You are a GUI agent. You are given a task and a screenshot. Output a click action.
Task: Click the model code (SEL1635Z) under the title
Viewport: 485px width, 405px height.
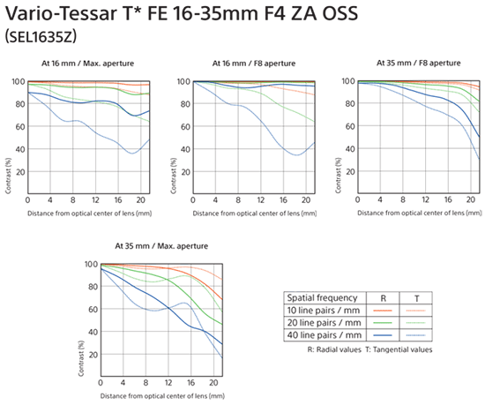[x=41, y=37]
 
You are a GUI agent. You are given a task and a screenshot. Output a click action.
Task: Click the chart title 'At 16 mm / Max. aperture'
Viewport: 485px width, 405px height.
[x=88, y=64]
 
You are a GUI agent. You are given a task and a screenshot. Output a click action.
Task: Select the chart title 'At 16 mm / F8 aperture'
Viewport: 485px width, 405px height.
[x=254, y=64]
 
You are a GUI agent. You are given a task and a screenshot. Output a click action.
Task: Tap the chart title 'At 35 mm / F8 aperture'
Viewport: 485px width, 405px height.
[x=419, y=64]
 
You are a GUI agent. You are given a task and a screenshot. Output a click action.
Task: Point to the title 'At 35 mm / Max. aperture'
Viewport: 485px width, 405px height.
[x=161, y=246]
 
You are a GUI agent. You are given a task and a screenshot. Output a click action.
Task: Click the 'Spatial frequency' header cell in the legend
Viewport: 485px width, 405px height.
[x=322, y=297]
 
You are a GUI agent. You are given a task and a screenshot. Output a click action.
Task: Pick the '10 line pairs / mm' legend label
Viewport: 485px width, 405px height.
[x=324, y=310]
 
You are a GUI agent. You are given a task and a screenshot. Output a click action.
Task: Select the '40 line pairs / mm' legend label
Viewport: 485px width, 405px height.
[x=325, y=334]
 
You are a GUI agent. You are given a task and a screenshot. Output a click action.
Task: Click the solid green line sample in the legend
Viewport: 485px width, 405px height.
[x=383, y=323]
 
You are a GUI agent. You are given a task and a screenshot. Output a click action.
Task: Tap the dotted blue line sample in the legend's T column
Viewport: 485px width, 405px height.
[x=415, y=335]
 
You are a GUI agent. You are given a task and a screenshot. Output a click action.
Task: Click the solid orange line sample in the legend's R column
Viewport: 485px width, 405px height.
[x=383, y=311]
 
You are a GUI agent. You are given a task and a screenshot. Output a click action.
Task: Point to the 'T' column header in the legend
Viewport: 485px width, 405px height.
[x=416, y=298]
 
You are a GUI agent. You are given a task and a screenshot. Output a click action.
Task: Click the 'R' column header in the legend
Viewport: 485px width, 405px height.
[x=383, y=298]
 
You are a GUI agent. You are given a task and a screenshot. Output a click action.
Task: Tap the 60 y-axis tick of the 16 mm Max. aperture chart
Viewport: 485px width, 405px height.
[x=20, y=126]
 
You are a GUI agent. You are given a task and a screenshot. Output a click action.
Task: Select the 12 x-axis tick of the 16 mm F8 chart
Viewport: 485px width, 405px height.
[x=261, y=200]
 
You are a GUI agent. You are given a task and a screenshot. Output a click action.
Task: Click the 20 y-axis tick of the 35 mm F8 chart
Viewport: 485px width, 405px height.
[x=350, y=171]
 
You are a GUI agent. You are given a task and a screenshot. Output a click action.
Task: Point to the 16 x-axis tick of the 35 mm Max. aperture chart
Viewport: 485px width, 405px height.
[x=190, y=383]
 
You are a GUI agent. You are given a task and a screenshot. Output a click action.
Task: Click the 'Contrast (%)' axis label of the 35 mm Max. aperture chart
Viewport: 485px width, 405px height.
[x=81, y=358]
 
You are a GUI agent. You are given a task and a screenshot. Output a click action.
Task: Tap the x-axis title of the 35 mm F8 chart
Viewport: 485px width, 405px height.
[x=420, y=213]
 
